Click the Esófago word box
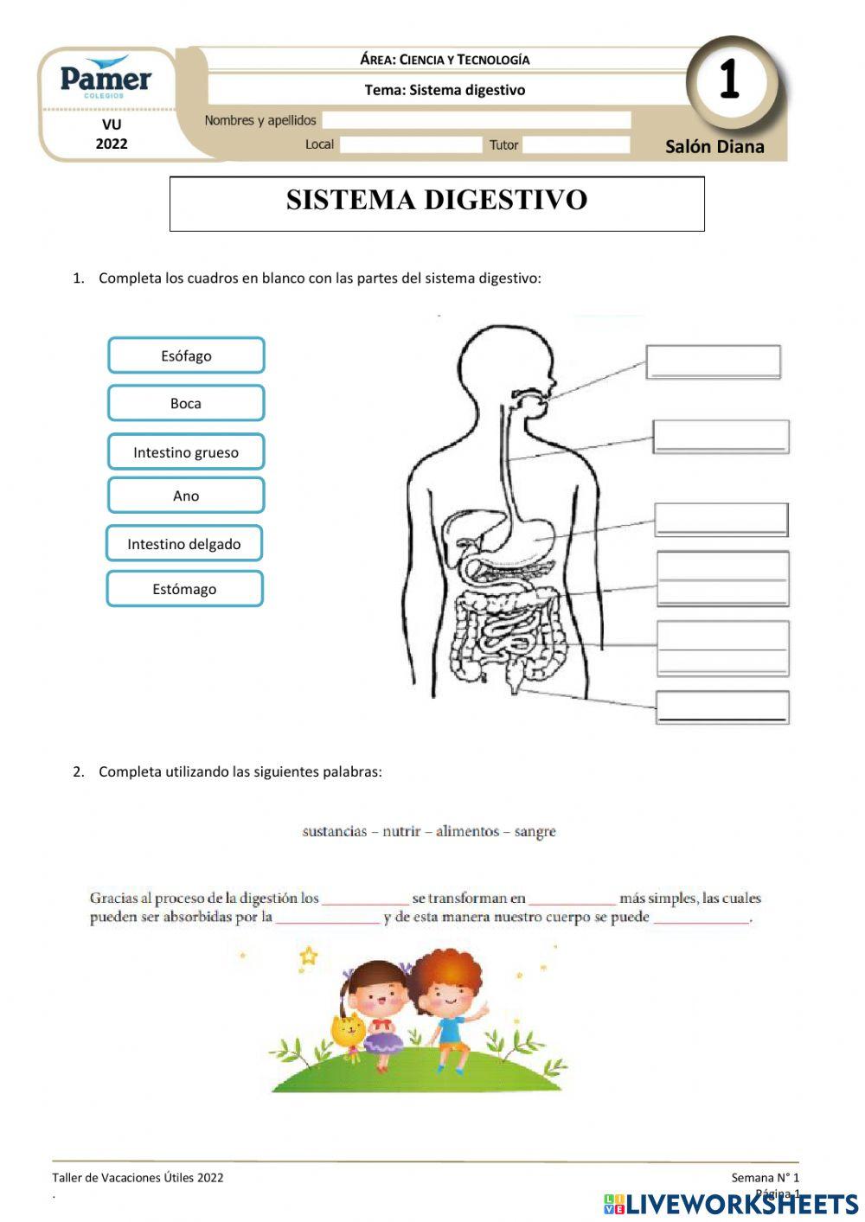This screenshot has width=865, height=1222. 186,355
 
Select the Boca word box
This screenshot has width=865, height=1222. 186,403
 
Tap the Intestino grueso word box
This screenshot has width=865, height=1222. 186,452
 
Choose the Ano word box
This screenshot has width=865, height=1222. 186,496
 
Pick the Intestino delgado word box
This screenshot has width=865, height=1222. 184,544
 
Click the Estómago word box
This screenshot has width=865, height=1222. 184,589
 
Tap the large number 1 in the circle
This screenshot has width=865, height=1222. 730,80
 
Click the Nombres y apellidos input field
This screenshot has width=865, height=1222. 476,120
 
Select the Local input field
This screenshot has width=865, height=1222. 410,144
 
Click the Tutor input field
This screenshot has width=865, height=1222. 575,144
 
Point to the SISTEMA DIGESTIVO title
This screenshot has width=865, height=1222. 437,201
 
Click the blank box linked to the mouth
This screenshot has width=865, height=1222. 713,361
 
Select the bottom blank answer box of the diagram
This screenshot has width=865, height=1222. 722,707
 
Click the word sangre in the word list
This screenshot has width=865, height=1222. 535,832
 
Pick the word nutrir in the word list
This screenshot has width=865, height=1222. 401,832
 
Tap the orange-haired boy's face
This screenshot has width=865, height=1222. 449,999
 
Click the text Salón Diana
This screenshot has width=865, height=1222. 714,147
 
